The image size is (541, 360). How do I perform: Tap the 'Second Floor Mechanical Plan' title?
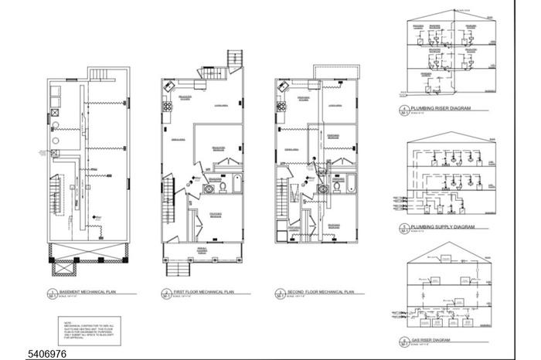click(x=320, y=292)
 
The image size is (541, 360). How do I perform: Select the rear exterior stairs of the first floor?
click(x=234, y=59)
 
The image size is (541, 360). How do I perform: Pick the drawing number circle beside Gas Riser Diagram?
click(x=404, y=341)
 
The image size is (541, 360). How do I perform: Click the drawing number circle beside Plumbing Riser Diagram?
click(x=404, y=110)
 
